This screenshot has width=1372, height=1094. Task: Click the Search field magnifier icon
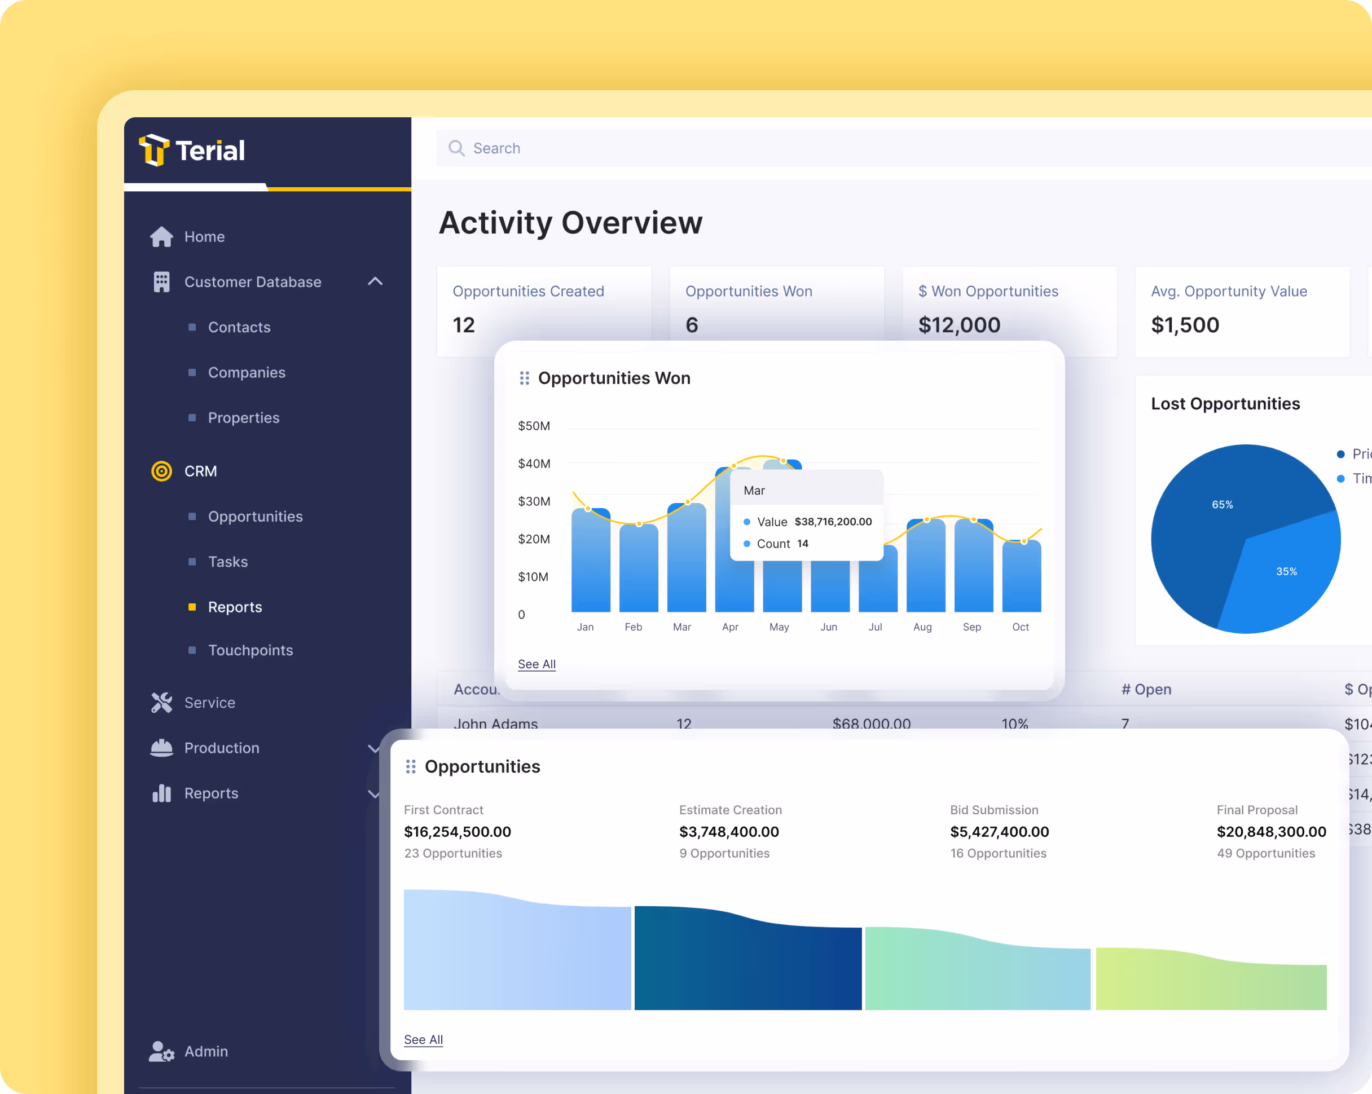pos(456,148)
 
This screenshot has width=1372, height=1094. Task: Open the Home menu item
pos(204,237)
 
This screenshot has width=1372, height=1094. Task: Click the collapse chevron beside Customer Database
pos(376,281)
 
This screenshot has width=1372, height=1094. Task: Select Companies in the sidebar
pos(247,372)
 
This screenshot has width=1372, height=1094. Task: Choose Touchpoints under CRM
pos(250,650)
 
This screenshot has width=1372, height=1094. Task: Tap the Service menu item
pos(209,702)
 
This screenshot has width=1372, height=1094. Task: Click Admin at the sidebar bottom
pos(205,1051)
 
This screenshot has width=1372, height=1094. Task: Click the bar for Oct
pos(1021,577)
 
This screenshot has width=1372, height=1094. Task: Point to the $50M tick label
pos(534,426)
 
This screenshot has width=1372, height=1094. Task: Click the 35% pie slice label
pos(1286,571)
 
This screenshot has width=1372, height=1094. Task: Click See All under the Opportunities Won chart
pos(537,664)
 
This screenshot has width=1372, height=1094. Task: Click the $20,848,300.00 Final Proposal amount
pos(1271,831)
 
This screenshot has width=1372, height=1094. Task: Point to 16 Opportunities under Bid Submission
pos(998,853)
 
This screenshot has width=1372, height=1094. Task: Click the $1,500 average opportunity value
pos(1185,325)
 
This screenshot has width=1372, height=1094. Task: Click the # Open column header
pos(1146,689)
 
